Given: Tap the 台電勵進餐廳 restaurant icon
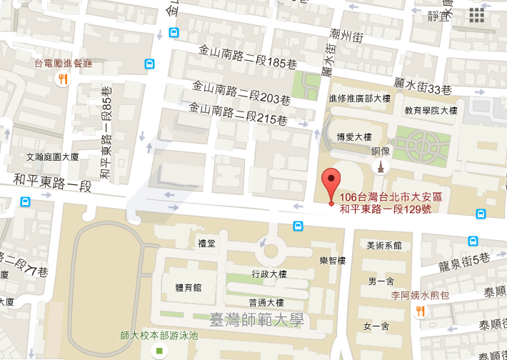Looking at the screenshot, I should coord(63,79).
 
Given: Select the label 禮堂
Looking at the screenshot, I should coord(206,244).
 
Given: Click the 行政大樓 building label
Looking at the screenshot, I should coord(269,274).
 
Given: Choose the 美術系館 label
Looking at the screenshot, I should coord(383,245).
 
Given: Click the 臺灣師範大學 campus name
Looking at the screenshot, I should coord(256,319).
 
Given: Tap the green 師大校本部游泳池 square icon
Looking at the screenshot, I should coord(159,351).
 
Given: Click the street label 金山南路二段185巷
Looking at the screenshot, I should coord(243,62).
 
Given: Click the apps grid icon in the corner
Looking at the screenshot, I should coord(477,16).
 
